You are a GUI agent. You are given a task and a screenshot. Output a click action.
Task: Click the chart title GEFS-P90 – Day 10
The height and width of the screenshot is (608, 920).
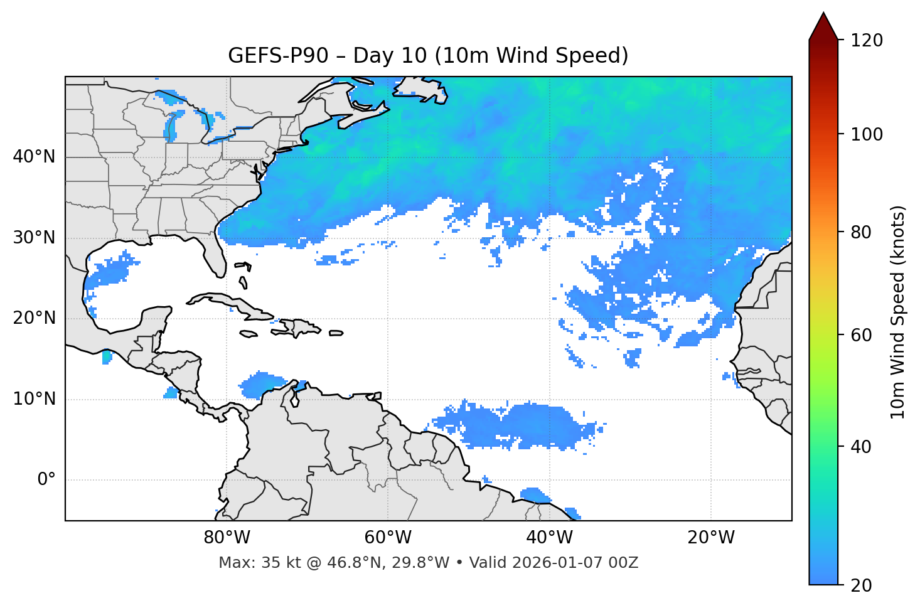[428, 56]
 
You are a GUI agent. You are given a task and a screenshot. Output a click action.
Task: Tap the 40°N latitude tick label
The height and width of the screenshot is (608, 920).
[34, 157]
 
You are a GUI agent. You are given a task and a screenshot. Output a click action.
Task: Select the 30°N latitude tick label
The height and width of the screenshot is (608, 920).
[34, 238]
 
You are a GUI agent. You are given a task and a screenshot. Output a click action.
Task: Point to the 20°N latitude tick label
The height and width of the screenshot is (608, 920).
[34, 319]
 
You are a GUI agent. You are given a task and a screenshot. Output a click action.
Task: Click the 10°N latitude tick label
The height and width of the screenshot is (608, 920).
[34, 399]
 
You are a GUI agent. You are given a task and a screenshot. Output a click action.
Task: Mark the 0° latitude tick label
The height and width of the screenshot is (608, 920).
[46, 480]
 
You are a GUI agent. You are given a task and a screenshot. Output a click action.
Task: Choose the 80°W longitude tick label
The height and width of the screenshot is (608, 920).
[227, 538]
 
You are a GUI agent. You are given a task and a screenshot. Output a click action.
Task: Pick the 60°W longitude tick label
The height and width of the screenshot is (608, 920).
[388, 538]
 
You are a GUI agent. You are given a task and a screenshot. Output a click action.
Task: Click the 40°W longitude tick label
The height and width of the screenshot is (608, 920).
[549, 538]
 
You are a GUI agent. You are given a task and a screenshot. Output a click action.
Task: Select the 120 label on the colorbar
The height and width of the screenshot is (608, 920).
[867, 41]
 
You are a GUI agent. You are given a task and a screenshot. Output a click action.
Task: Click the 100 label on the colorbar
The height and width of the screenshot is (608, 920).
[867, 134]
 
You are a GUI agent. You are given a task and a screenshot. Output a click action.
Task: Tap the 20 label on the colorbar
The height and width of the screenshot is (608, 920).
[861, 585]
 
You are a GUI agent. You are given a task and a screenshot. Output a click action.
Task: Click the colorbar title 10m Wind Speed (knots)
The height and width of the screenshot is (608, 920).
[898, 312]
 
